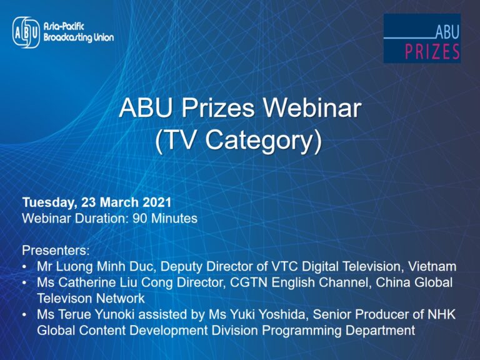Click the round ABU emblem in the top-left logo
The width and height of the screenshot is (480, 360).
click(26, 32)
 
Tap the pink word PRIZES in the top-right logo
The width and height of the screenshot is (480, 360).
click(432, 51)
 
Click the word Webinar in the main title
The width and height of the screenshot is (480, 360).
click(312, 108)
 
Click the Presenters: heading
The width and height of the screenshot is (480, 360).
click(56, 251)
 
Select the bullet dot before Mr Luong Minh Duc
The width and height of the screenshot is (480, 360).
click(25, 267)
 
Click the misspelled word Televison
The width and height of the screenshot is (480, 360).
click(64, 299)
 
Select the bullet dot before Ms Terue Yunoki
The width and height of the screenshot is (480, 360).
click(25, 315)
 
